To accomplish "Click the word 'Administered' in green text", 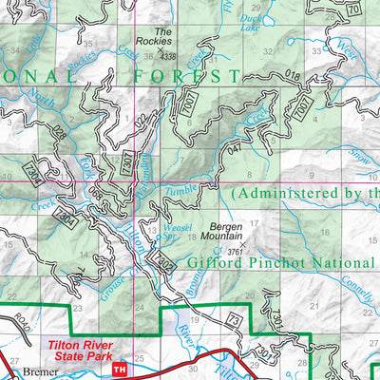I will pyautogui.click(x=286, y=193).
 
